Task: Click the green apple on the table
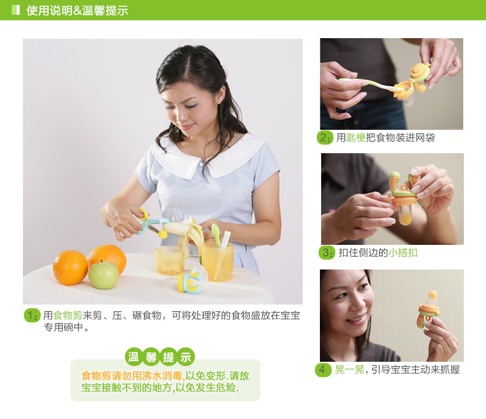tap(103, 275)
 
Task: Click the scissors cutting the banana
tap(149, 225)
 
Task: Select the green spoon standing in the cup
tap(216, 235)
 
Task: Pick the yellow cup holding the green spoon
tap(217, 262)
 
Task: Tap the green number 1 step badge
tap(32, 316)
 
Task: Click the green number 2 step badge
tap(325, 138)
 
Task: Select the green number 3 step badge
tap(327, 253)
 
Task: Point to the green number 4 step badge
tap(323, 370)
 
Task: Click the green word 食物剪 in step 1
tap(68, 316)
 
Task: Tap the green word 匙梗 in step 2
tap(356, 138)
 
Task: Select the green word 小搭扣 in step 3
tap(403, 253)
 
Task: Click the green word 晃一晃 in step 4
tap(349, 370)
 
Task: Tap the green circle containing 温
tap(133, 357)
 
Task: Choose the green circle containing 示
tap(186, 357)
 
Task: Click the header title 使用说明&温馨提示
tap(77, 10)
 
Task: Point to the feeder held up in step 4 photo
tap(429, 310)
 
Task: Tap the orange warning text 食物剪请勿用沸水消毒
tap(132, 375)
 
